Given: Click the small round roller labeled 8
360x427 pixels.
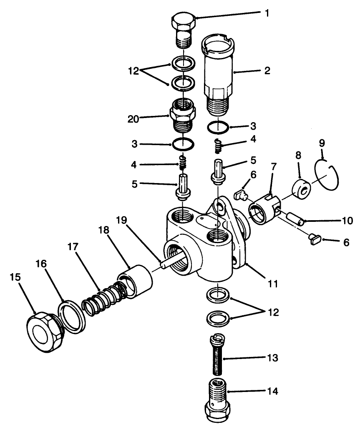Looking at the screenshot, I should tap(301, 184).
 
